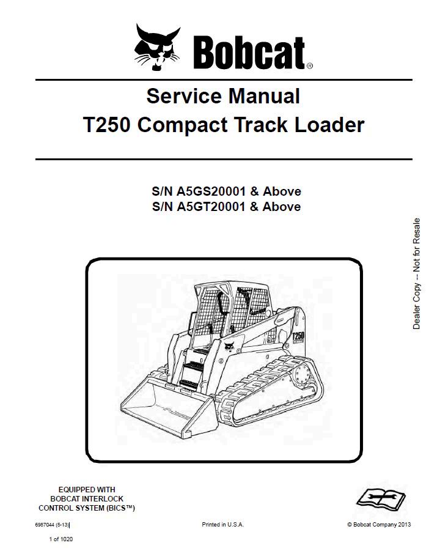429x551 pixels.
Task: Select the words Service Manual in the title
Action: (224, 96)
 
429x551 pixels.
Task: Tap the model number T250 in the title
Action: (107, 125)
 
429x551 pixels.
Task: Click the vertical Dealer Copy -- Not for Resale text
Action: (416, 273)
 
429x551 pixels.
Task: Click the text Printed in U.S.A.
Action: (223, 525)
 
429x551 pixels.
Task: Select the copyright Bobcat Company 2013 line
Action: (378, 525)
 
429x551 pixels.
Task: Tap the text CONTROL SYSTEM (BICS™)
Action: (86, 508)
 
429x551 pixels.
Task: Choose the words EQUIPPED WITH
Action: (86, 490)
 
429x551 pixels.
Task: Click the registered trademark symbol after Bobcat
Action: (309, 65)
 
